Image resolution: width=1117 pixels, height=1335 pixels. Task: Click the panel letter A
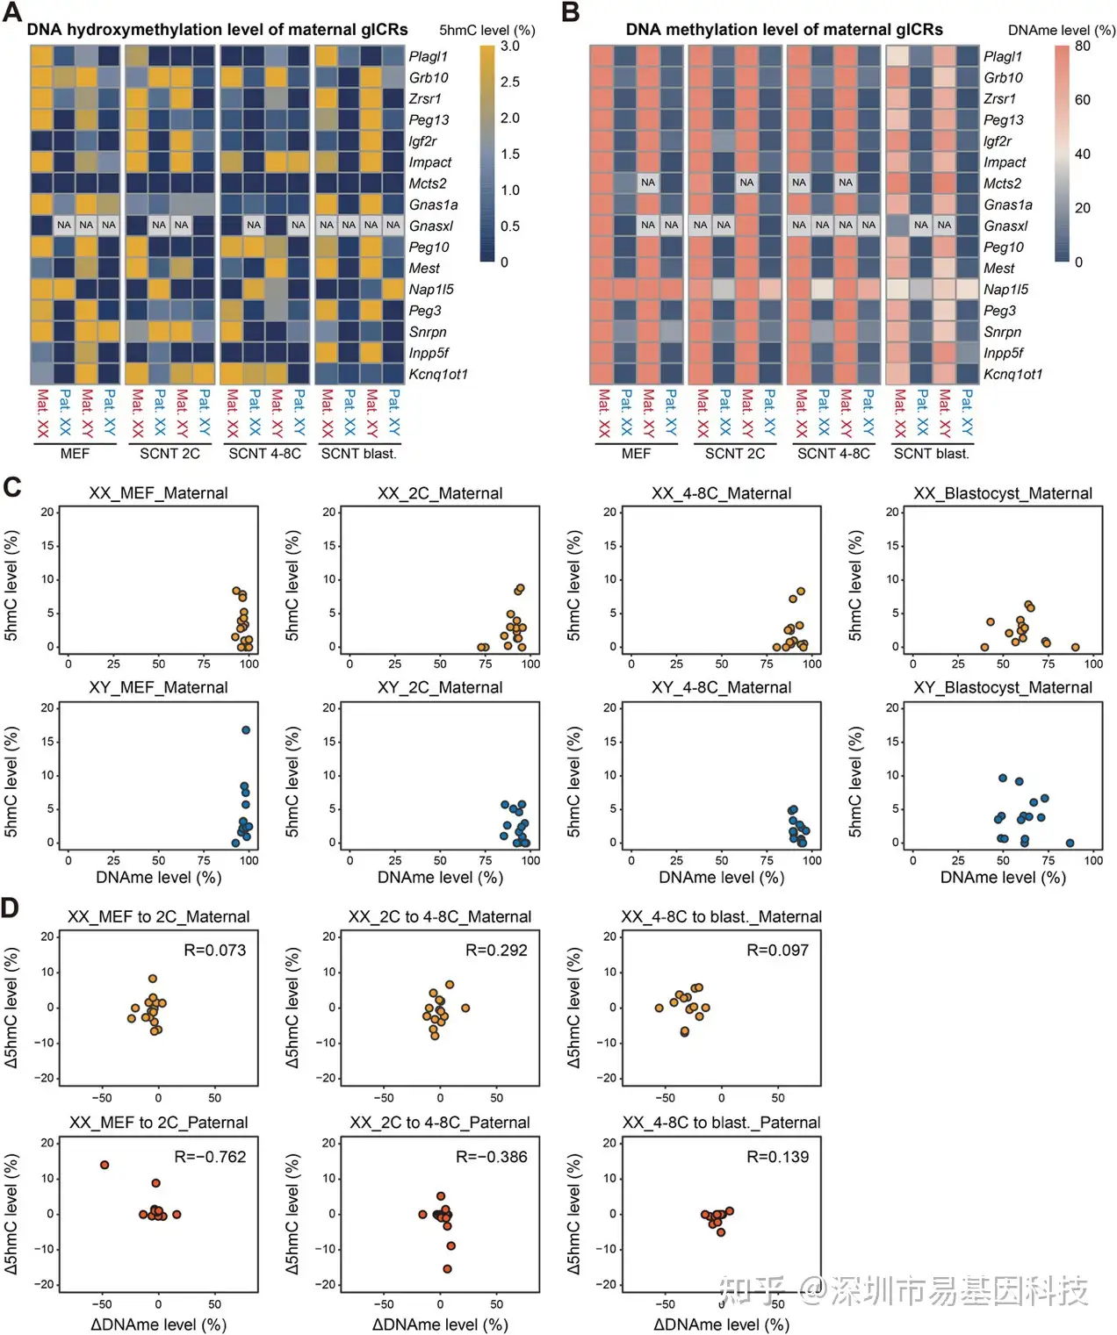pyautogui.click(x=12, y=14)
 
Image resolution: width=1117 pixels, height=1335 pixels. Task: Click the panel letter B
pyautogui.click(x=571, y=14)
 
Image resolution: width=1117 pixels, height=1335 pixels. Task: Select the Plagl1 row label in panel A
pyautogui.click(x=428, y=56)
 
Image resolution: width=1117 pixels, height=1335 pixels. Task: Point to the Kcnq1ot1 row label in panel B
pyautogui.click(x=1013, y=374)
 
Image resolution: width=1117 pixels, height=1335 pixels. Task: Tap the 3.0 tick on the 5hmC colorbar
pyautogui.click(x=510, y=47)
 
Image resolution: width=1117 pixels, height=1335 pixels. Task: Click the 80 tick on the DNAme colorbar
pyautogui.click(x=1083, y=47)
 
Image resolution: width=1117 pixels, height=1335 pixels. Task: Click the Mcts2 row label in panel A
pyautogui.click(x=428, y=183)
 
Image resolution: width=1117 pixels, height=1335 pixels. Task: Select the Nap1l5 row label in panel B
pyautogui.click(x=1005, y=290)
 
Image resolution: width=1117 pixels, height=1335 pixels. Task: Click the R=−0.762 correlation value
pyautogui.click(x=211, y=1157)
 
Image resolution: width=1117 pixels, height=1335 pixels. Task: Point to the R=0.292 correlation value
pyautogui.click(x=496, y=951)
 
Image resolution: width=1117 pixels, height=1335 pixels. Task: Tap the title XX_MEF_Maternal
pyautogui.click(x=158, y=493)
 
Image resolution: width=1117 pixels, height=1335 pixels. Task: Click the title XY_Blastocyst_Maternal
pyautogui.click(x=1003, y=688)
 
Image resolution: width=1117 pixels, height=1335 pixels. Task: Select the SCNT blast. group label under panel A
pyautogui.click(x=358, y=454)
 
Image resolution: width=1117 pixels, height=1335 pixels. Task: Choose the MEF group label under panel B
pyautogui.click(x=636, y=454)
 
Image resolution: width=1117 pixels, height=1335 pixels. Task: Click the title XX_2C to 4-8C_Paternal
pyautogui.click(x=440, y=1123)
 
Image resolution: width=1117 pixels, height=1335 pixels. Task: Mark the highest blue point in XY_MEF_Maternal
pyautogui.click(x=246, y=730)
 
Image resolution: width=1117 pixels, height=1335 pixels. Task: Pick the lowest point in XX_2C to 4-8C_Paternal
pyautogui.click(x=447, y=1268)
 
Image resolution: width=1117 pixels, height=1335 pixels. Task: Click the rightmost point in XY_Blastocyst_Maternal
pyautogui.click(x=1070, y=843)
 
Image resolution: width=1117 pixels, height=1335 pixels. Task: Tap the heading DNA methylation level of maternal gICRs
pyautogui.click(x=784, y=30)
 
